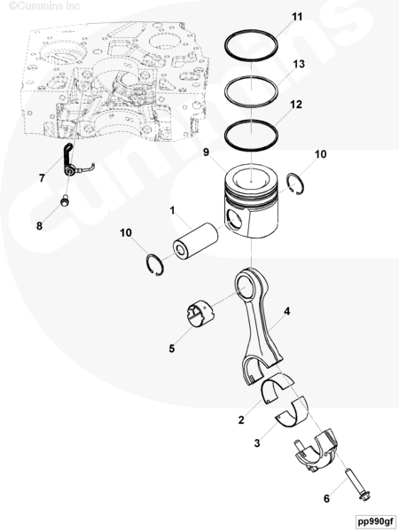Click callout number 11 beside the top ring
click(297, 17)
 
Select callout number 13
click(299, 64)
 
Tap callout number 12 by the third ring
click(296, 104)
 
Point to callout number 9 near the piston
click(207, 153)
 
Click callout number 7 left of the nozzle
click(42, 178)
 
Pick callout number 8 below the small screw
click(39, 225)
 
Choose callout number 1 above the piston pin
click(172, 211)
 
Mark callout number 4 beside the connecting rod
click(287, 311)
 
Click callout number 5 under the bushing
click(172, 348)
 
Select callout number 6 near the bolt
click(326, 498)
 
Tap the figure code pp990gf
click(376, 520)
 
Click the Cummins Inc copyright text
click(44, 5)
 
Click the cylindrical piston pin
click(195, 240)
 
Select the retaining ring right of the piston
click(296, 184)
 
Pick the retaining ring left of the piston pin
click(155, 264)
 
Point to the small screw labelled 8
click(65, 200)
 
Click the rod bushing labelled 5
click(201, 313)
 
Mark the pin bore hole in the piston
click(234, 219)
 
